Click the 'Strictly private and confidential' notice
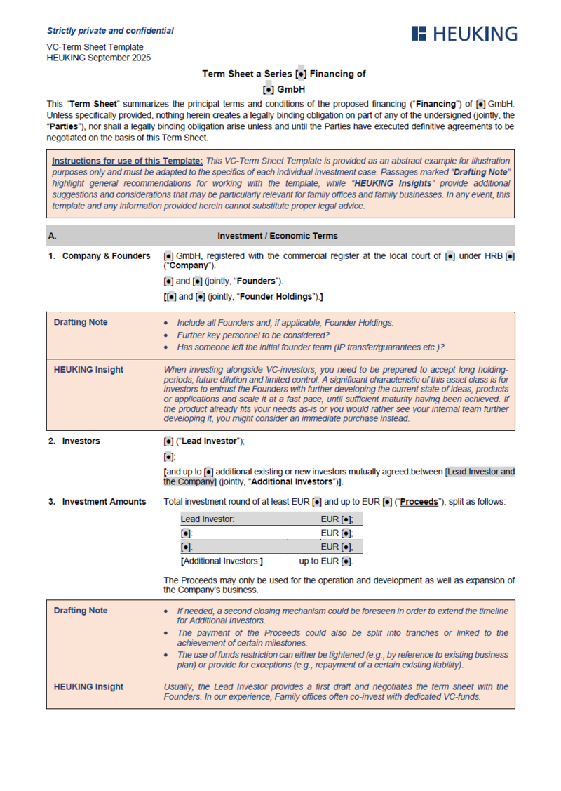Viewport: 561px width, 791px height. (x=110, y=31)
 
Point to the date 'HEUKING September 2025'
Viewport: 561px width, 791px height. (x=98, y=58)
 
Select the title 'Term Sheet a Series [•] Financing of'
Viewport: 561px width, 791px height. (x=283, y=73)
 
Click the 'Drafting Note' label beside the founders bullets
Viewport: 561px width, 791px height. (x=81, y=323)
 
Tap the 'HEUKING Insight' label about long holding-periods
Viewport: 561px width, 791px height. (x=88, y=369)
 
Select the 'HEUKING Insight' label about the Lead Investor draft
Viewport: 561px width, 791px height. (x=88, y=686)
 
